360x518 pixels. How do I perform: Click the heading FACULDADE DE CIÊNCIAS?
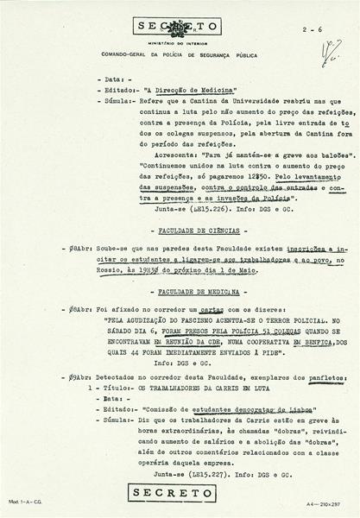(185, 231)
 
